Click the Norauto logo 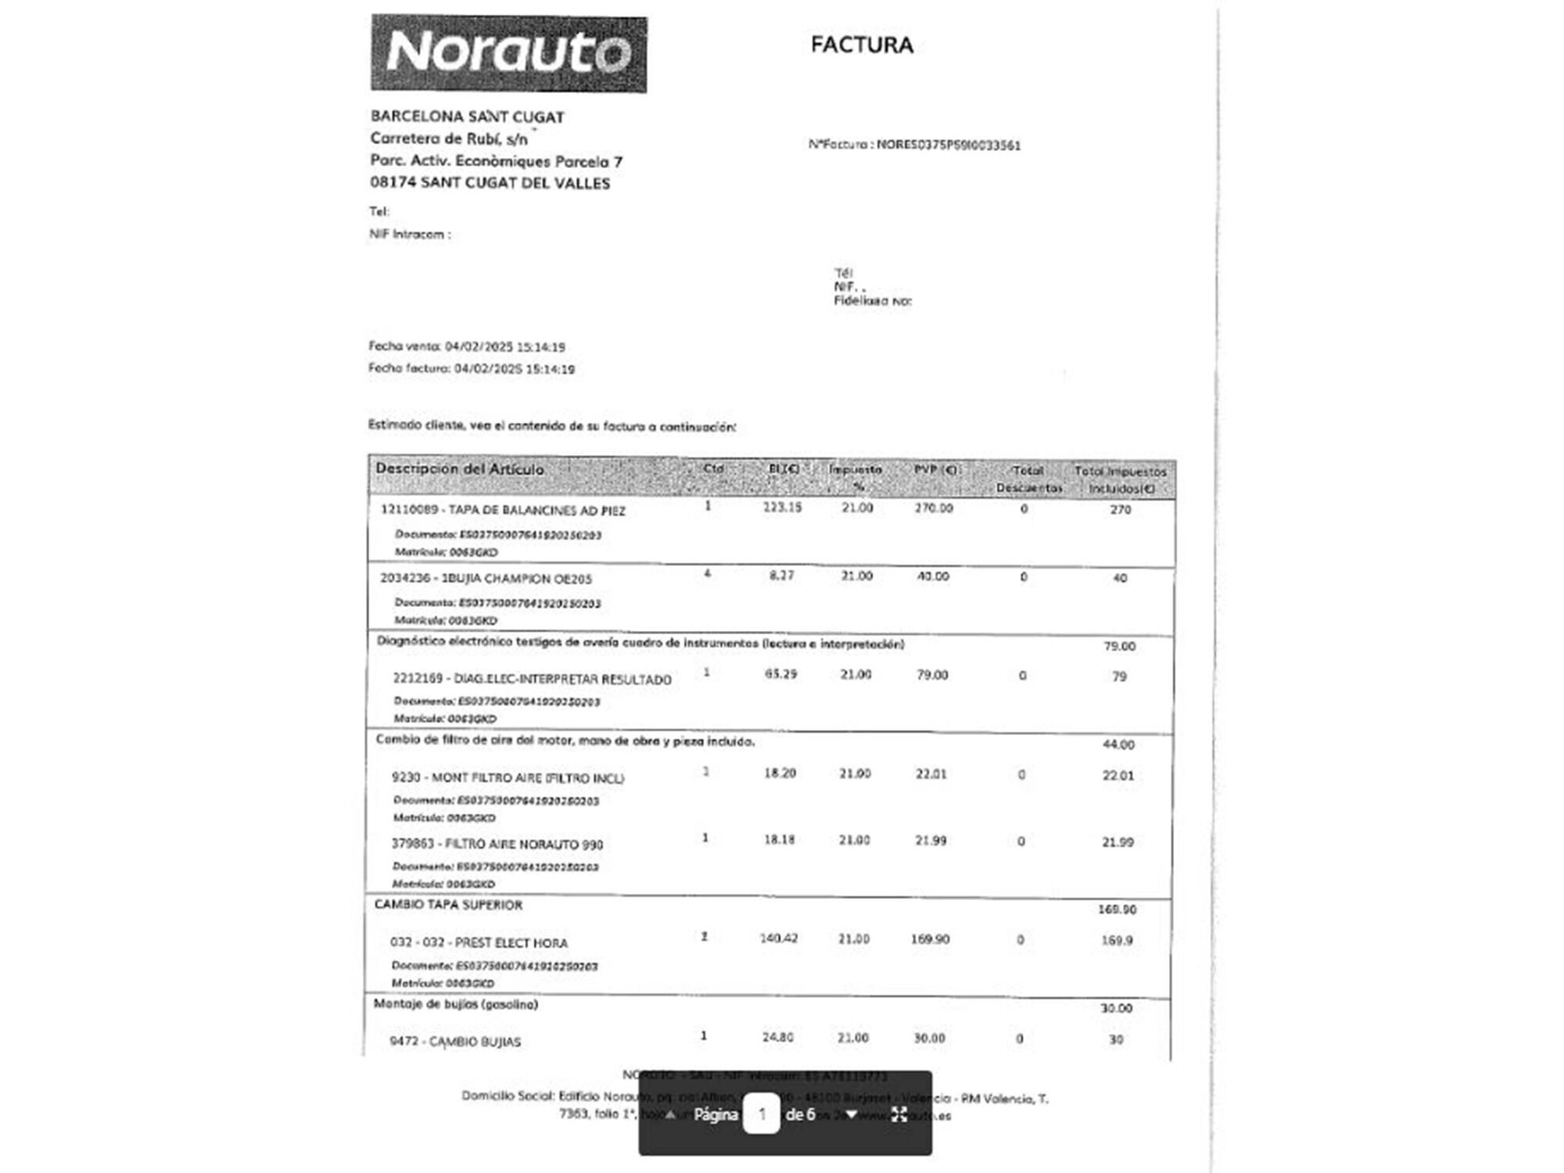508,53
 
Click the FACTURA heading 862,45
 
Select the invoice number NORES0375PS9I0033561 948,145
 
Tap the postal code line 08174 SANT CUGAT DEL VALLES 490,183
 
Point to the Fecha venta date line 467,346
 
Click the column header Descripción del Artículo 460,469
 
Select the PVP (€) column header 935,470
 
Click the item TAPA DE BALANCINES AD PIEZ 503,511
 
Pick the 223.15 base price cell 782,508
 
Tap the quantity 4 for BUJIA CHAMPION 708,574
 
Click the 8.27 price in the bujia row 781,576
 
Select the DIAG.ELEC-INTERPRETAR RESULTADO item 532,680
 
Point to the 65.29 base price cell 780,674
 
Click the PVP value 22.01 931,774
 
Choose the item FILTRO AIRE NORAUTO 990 497,845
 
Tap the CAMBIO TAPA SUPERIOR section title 448,905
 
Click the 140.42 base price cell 779,938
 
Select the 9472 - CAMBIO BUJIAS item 455,1042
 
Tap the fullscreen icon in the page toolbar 899,1114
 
